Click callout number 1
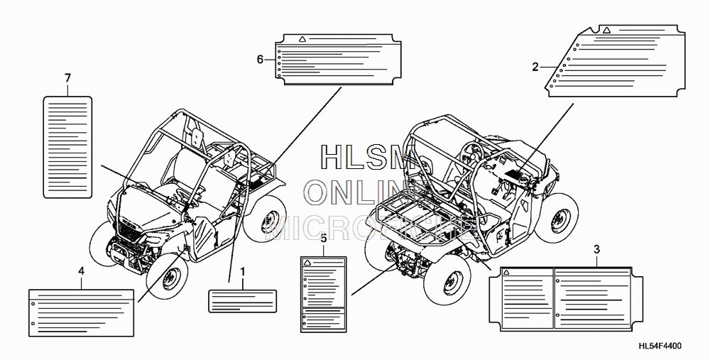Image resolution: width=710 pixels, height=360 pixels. point(242,271)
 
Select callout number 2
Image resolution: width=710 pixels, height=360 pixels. point(535,67)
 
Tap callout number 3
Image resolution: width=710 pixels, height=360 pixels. point(596,249)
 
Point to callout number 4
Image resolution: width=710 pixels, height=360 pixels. point(81,271)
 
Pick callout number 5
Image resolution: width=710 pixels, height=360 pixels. point(323,238)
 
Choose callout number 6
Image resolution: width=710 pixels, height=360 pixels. point(260,58)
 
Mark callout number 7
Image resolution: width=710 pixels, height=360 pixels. point(67,77)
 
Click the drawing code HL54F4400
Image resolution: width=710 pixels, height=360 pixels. point(660,347)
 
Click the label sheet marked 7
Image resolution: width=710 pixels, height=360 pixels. point(68,146)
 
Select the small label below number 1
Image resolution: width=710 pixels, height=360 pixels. point(241,301)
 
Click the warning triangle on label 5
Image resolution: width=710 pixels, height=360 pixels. point(307,263)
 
